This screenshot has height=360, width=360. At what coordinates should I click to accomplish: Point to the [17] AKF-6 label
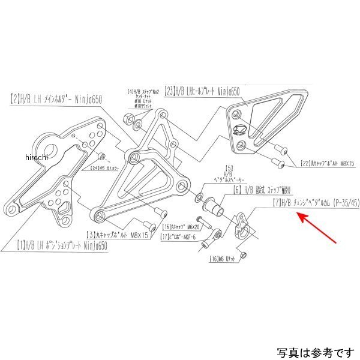pyautogui.click(x=179, y=244)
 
